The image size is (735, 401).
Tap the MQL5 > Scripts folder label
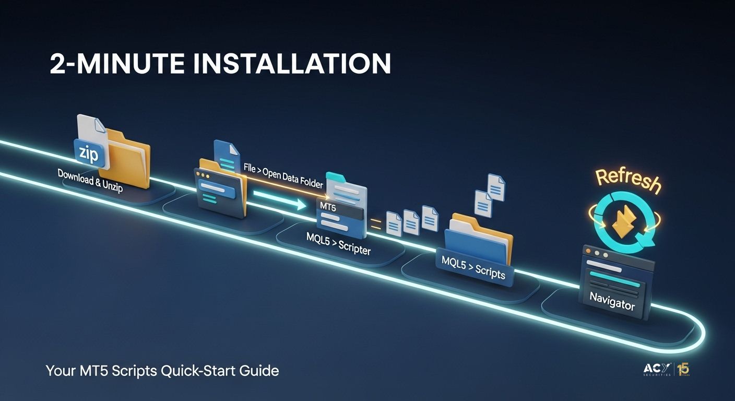(473, 266)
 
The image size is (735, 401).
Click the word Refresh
(628, 179)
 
